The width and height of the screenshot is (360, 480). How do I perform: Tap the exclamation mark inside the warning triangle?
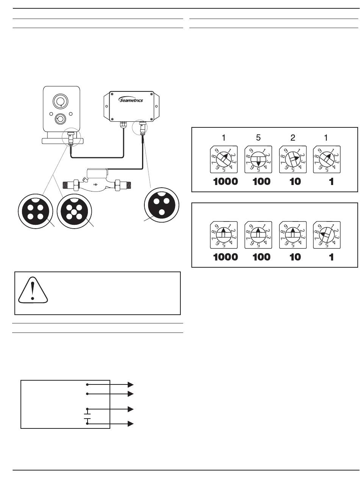pyautogui.click(x=33, y=290)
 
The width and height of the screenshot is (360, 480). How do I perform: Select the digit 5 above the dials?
pyautogui.click(x=258, y=138)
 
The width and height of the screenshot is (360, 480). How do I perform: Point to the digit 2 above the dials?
pyautogui.click(x=293, y=138)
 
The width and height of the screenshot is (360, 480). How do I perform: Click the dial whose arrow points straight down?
pyautogui.click(x=258, y=160)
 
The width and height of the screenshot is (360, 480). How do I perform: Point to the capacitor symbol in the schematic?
pyautogui.click(x=88, y=416)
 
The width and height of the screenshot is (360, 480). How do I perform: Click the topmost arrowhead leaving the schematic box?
pyautogui.click(x=131, y=384)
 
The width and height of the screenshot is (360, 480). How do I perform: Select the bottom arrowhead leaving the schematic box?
pyautogui.click(x=131, y=424)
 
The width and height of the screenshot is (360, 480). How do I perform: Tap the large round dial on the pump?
pyautogui.click(x=60, y=102)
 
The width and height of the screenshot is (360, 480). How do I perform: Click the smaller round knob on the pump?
pyautogui.click(x=60, y=118)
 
